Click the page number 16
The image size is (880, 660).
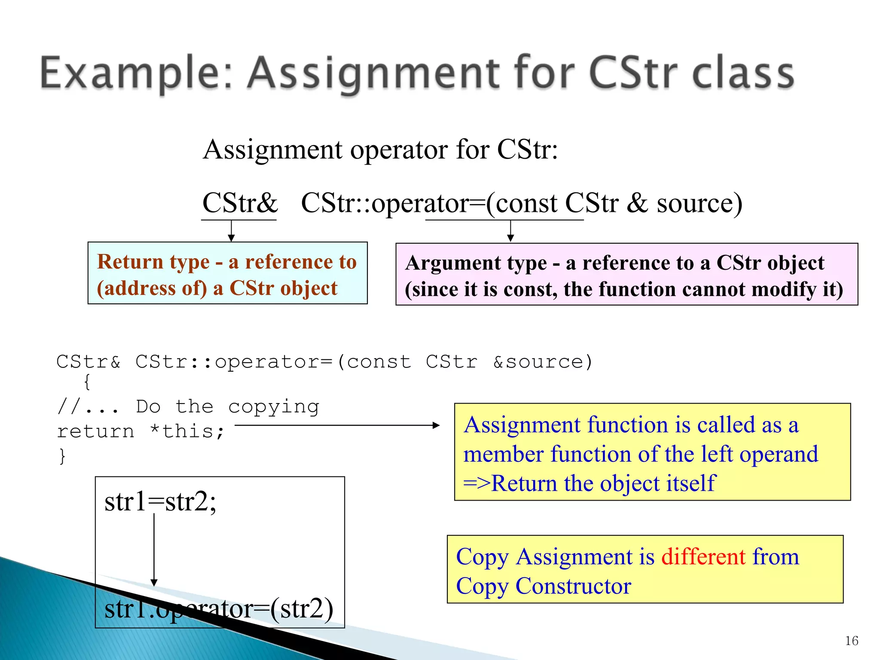[851, 641]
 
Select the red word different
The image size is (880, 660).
[703, 556]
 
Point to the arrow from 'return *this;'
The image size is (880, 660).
[337, 425]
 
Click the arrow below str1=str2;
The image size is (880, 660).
[154, 550]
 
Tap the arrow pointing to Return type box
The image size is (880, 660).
[231, 231]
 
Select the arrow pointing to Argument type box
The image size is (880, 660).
[510, 231]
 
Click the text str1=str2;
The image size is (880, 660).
[160, 501]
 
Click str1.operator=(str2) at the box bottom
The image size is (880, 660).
[219, 609]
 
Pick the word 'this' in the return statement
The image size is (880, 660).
[188, 431]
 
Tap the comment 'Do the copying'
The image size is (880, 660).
[228, 406]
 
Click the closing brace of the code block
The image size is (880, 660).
[62, 455]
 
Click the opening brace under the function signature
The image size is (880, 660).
[87, 382]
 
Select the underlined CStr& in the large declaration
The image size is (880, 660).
[240, 203]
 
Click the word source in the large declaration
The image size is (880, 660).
[699, 203]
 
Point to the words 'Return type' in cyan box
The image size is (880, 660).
[153, 262]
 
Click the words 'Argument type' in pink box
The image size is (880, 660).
[476, 263]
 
